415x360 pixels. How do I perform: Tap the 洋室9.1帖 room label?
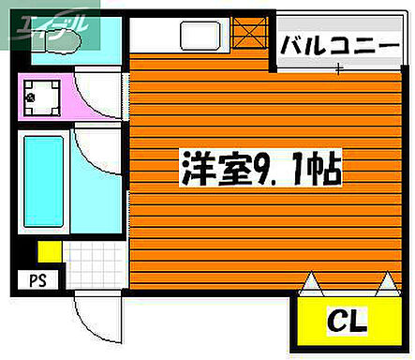(x=260, y=172)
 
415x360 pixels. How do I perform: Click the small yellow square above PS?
(x=49, y=251)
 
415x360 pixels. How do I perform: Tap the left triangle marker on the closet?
(x=310, y=281)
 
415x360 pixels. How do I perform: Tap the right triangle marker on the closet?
(x=387, y=281)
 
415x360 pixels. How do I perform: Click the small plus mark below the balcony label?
(x=339, y=68)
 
